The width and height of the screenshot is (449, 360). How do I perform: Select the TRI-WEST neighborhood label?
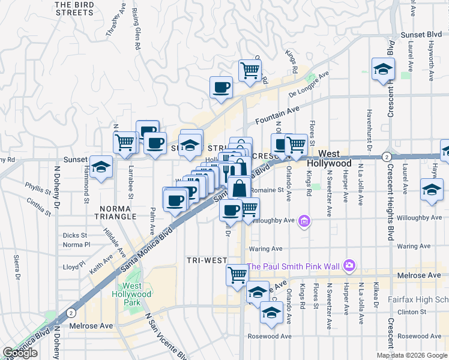(206, 260)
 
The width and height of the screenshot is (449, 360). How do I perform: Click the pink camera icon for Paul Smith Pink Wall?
(349, 266)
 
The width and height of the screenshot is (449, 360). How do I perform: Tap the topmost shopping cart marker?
(250, 70)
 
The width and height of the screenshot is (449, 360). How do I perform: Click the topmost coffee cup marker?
(221, 87)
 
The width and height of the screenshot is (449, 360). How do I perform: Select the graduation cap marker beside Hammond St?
(101, 167)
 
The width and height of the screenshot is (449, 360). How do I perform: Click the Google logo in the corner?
(20, 353)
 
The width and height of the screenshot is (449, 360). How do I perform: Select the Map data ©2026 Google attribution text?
(411, 355)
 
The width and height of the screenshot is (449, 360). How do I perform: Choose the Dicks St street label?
(75, 235)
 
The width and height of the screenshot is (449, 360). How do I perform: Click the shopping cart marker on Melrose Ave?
(237, 275)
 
